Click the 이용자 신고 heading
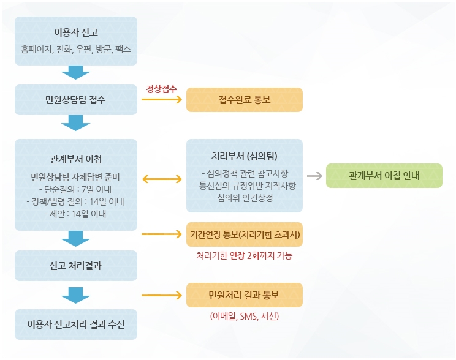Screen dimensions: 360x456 click(x=76, y=32)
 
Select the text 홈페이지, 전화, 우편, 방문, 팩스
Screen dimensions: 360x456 click(x=76, y=48)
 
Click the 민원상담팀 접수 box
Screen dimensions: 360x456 click(x=76, y=99)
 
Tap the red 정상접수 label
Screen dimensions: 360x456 click(x=161, y=88)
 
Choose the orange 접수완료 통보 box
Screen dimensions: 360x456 click(x=245, y=99)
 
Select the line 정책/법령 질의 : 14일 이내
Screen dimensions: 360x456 click(x=76, y=201)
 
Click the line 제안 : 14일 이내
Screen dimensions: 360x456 click(x=76, y=214)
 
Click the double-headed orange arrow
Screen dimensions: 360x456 click(x=162, y=179)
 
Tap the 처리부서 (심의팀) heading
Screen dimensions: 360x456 click(x=245, y=155)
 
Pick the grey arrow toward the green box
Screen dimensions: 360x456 click(x=314, y=176)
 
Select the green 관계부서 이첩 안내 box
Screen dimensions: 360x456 click(x=384, y=176)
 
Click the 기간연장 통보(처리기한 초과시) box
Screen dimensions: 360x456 click(x=245, y=234)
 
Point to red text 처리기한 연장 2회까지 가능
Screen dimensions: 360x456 click(x=245, y=256)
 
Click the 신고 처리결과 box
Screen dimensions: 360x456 click(x=76, y=266)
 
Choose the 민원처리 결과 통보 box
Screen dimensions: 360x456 click(x=245, y=294)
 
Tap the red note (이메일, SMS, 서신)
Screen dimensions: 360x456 click(x=245, y=317)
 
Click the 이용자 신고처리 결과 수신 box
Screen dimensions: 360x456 click(x=76, y=324)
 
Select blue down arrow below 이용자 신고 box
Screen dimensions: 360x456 click(x=76, y=72)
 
